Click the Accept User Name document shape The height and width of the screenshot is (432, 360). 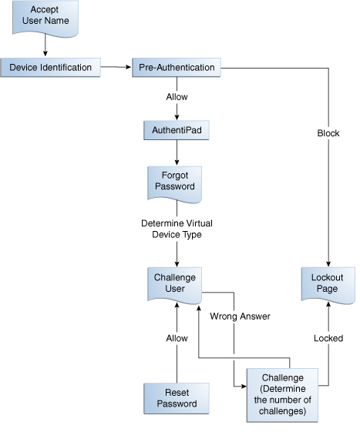coord(45,17)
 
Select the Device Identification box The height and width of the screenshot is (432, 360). coord(50,68)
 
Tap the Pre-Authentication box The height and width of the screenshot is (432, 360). coord(177,68)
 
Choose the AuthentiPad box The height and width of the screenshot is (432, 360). coord(177,131)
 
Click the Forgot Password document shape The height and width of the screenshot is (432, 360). coord(177,181)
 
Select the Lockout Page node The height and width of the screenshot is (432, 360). coord(328,283)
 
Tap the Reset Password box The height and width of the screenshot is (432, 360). coord(177,398)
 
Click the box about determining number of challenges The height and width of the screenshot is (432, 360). coord(282,394)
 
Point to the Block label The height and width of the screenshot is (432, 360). coord(328,133)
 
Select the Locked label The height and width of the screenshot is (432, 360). coord(328,338)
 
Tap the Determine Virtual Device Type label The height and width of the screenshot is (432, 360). coord(177,229)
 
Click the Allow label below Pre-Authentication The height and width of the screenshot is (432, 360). coord(177,97)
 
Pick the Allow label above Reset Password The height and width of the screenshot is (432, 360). coord(177,338)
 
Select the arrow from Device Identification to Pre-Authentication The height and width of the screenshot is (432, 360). coord(116,68)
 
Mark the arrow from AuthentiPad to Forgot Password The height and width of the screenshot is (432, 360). coord(177,152)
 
